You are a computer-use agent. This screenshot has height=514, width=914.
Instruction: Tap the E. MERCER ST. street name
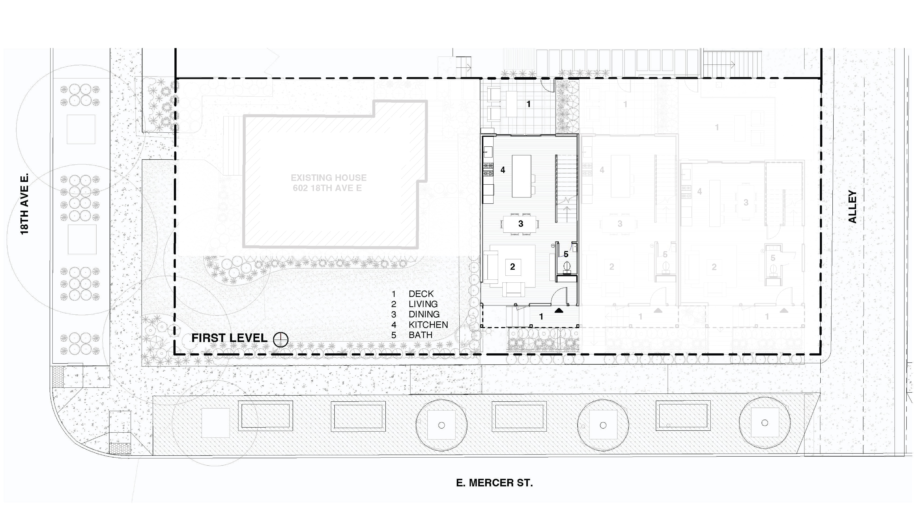[x=494, y=483]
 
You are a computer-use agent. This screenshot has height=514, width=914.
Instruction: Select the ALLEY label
[x=852, y=207]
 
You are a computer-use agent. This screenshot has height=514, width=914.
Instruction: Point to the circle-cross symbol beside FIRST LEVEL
[x=281, y=340]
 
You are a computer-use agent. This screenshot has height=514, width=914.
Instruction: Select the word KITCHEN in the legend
[x=428, y=325]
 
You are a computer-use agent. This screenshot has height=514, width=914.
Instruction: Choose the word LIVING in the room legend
[x=423, y=304]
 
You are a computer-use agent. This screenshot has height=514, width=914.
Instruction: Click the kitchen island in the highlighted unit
[x=521, y=176]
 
